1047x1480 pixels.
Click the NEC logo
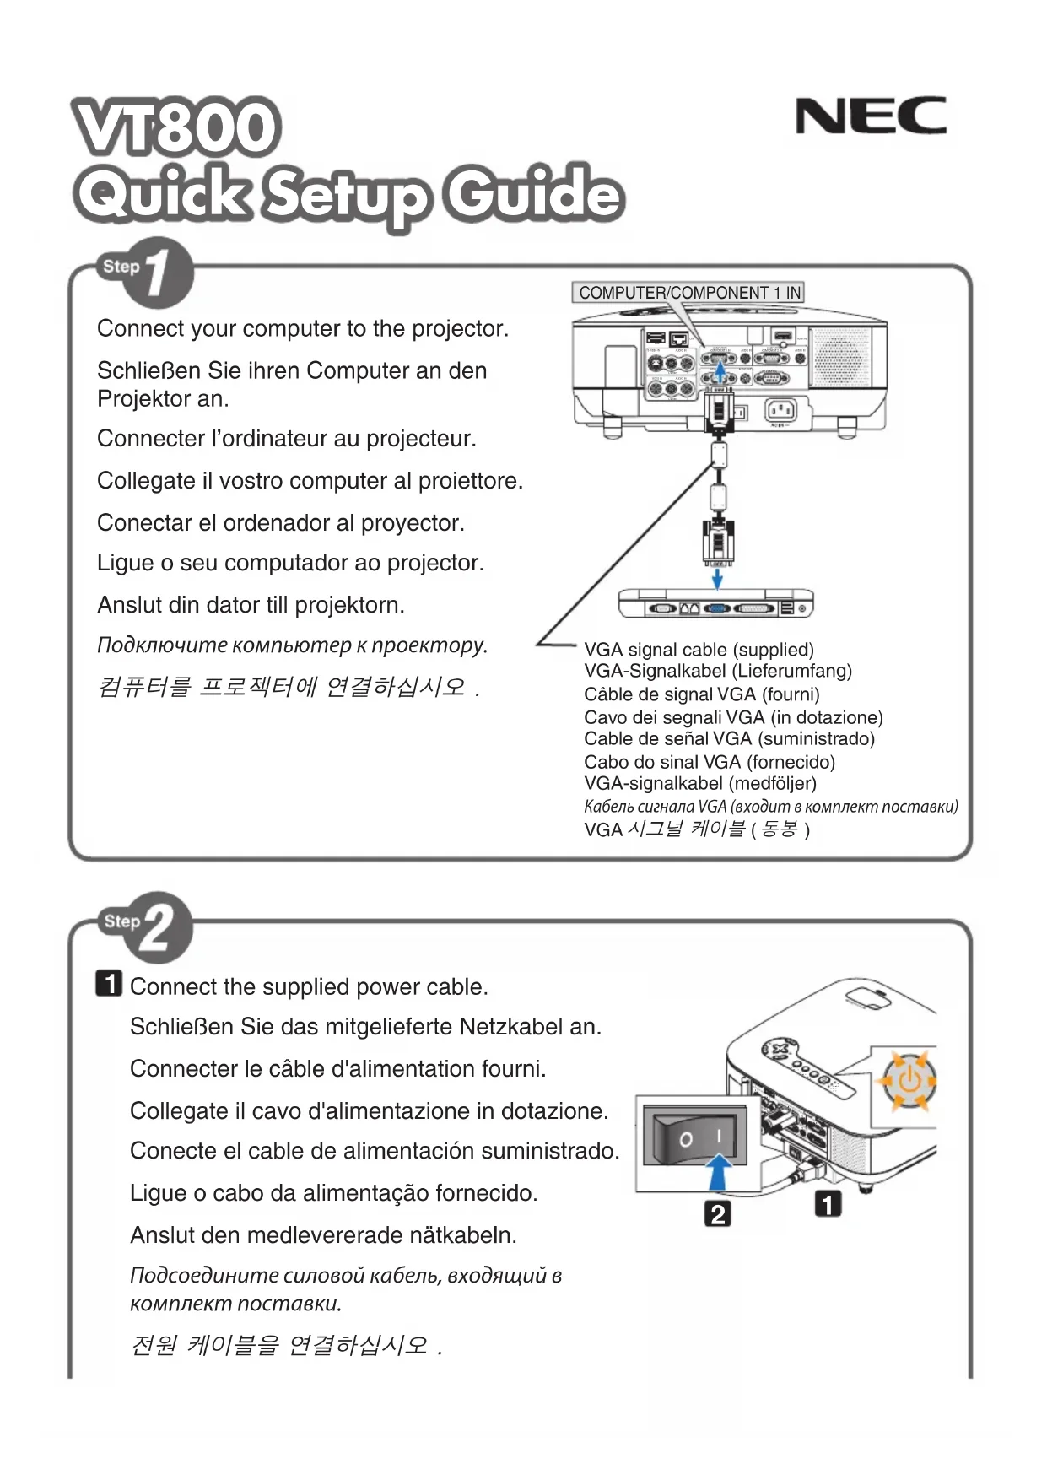(871, 116)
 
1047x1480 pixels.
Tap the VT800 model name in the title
(176, 127)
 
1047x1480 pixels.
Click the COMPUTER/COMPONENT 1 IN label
(688, 293)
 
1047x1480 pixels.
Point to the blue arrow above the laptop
(717, 578)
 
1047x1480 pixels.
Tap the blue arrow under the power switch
(717, 1171)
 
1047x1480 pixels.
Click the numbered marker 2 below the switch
(717, 1213)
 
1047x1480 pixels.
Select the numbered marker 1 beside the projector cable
(828, 1204)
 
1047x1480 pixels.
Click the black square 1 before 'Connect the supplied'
(109, 984)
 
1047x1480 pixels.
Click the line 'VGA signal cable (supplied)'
(699, 650)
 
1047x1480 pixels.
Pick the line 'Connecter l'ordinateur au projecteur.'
(287, 439)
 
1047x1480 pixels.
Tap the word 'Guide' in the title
(535, 193)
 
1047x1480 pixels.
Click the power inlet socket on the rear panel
(780, 411)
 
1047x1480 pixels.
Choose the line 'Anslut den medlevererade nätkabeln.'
(323, 1235)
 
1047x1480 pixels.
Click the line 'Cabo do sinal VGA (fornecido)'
(709, 762)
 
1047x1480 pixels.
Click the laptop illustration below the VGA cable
(715, 604)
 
